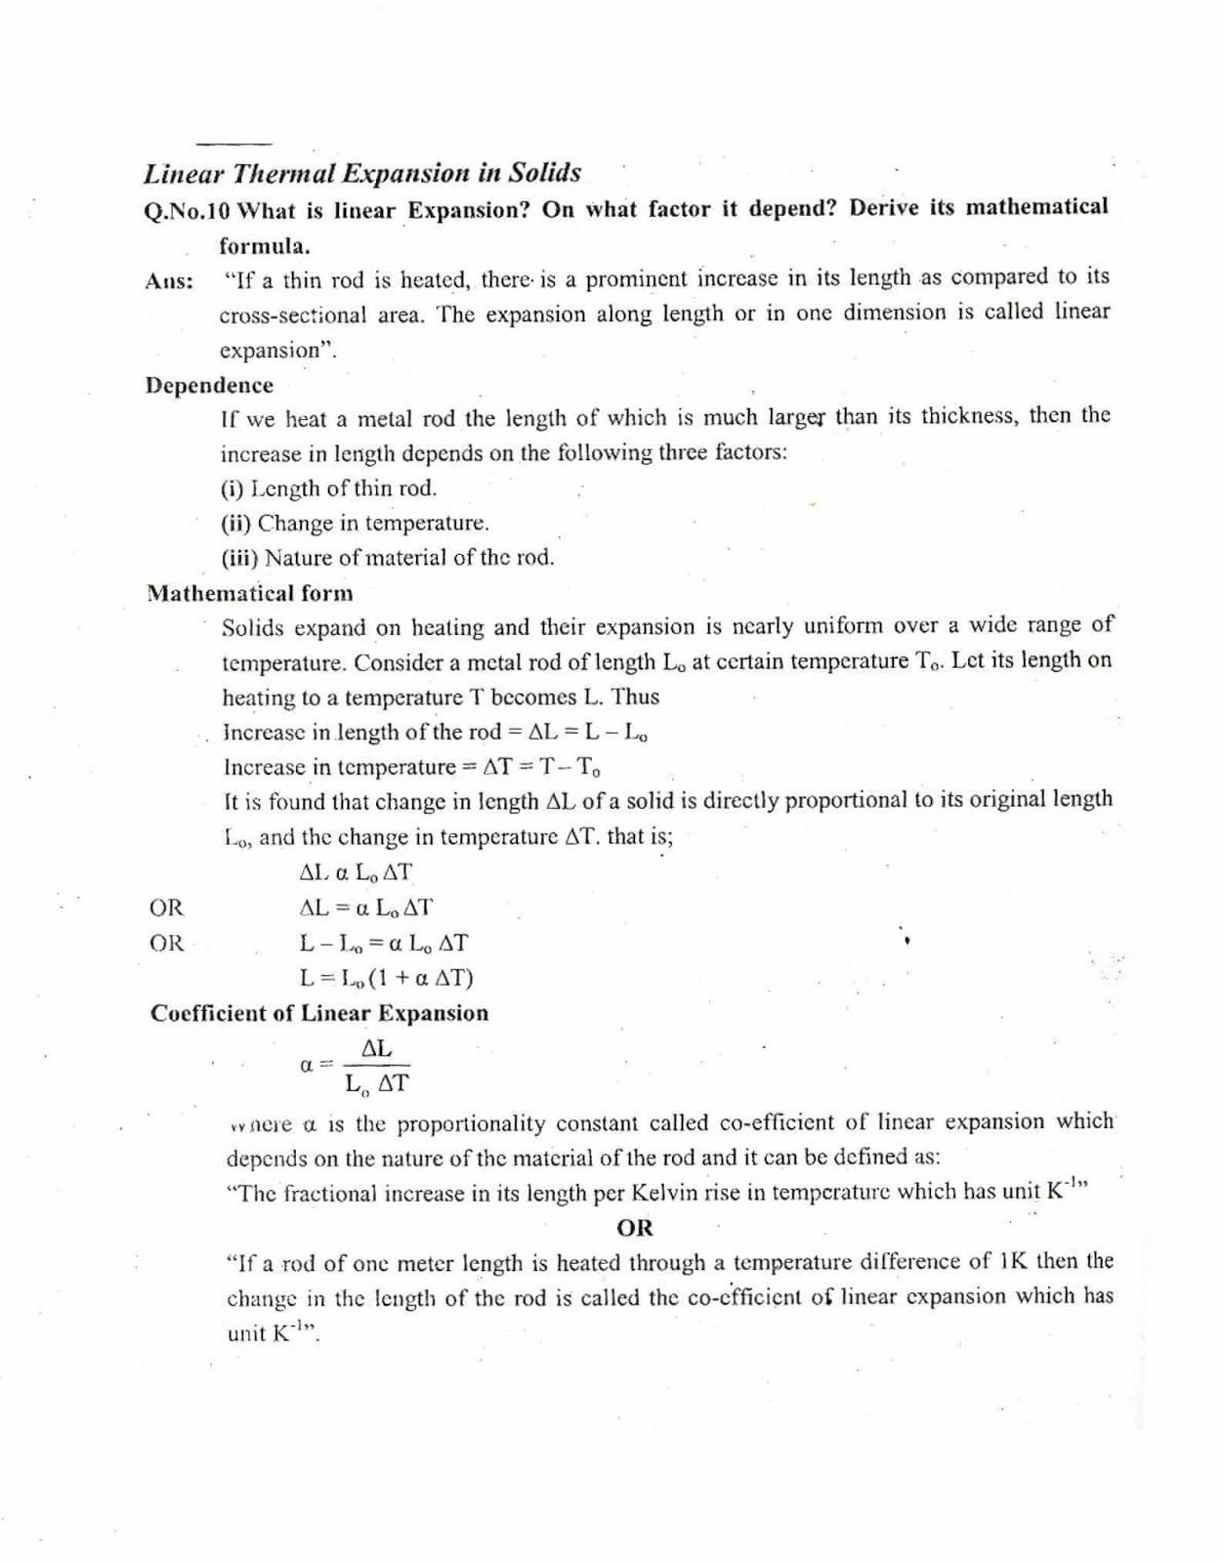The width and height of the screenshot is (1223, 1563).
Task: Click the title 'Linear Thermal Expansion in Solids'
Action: tap(362, 173)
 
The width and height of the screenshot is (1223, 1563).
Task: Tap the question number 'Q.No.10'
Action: tap(187, 210)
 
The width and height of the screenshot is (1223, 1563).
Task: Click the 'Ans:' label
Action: tap(169, 281)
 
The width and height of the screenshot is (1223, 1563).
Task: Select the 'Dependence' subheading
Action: tap(209, 385)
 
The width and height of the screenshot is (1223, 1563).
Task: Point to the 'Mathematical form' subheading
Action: tap(250, 593)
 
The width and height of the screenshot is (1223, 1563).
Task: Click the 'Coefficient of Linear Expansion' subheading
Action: tap(319, 1013)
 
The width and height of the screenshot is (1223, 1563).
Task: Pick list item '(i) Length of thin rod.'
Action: tap(328, 488)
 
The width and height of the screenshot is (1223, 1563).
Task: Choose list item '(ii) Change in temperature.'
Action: tap(355, 523)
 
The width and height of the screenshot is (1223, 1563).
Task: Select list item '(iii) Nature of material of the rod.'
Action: tap(387, 558)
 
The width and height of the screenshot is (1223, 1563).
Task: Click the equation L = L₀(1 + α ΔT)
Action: tap(386, 978)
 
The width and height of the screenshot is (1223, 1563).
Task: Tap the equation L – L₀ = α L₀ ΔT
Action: tap(383, 944)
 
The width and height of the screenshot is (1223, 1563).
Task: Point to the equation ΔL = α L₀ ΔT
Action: tap(365, 908)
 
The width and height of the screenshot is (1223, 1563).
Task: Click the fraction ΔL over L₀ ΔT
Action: tap(376, 1066)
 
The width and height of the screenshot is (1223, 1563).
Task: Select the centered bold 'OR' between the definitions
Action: tap(635, 1228)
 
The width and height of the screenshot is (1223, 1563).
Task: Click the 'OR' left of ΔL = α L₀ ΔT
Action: tap(166, 908)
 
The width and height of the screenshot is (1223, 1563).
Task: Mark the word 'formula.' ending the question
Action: tap(264, 245)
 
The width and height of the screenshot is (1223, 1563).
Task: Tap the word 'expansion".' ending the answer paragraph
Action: tap(277, 350)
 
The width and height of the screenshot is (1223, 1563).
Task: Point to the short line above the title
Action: tap(232, 143)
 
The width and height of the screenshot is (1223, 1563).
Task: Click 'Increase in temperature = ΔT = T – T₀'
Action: tap(412, 767)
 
